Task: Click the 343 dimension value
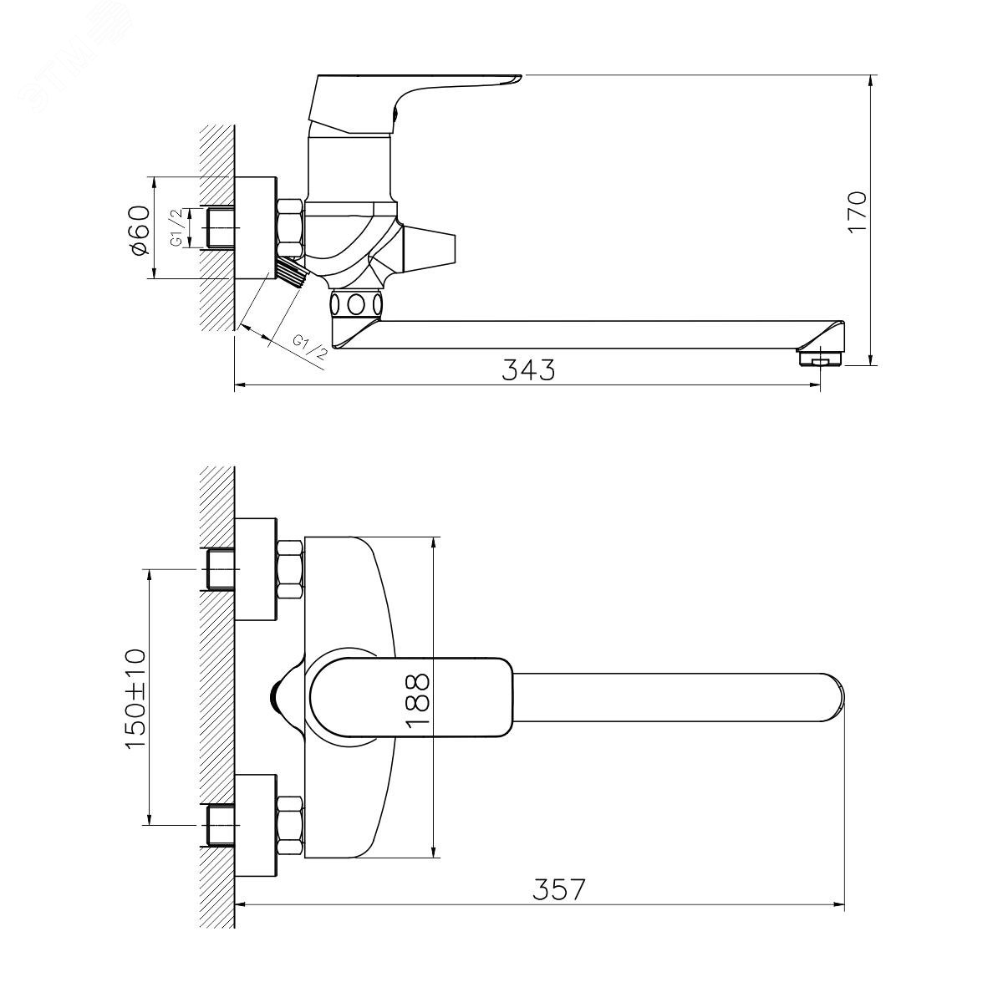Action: pyautogui.click(x=528, y=369)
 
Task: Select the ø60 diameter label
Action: pyautogui.click(x=139, y=230)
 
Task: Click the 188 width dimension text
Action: pyautogui.click(x=417, y=700)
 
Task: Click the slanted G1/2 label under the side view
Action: pyautogui.click(x=309, y=348)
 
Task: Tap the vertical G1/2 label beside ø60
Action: pyautogui.click(x=178, y=227)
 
